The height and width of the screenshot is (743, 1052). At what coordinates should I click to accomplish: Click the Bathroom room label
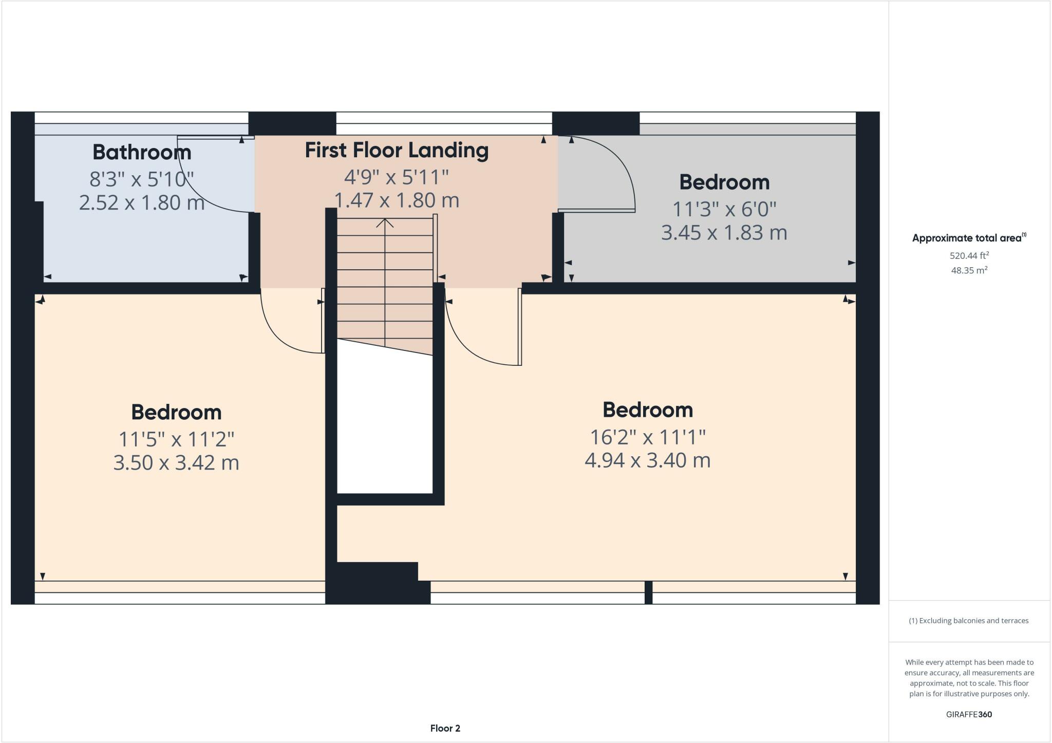[142, 152]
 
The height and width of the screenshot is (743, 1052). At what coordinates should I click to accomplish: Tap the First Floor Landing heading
[397, 150]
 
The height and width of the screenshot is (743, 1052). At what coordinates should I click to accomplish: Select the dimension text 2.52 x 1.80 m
[142, 202]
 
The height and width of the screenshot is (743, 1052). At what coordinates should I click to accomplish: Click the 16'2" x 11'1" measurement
[647, 437]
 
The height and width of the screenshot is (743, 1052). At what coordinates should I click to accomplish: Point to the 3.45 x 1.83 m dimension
[724, 233]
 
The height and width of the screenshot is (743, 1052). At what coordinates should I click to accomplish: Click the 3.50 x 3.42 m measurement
[176, 462]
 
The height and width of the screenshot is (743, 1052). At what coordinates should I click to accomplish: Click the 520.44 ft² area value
[969, 255]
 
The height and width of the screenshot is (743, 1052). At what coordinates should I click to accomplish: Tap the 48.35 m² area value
[969, 270]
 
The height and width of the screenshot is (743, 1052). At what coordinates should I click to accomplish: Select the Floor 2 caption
[445, 728]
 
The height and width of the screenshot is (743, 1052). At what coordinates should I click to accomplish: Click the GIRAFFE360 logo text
[969, 714]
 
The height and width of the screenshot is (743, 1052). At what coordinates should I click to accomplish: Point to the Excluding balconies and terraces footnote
[969, 621]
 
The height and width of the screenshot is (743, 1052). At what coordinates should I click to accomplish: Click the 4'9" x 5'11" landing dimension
[397, 177]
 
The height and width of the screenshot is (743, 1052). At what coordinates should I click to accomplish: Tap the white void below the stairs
[385, 426]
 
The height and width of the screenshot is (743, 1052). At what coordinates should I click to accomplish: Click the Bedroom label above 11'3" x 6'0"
[724, 182]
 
